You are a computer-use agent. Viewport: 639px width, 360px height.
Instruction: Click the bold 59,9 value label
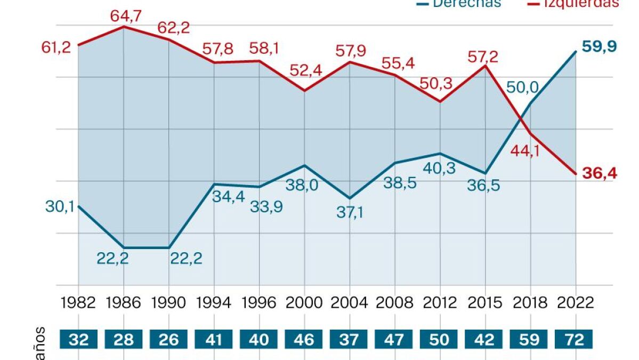[599, 46]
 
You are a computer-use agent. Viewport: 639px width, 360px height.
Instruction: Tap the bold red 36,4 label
[599, 174]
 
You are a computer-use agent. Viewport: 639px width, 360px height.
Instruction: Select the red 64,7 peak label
[126, 16]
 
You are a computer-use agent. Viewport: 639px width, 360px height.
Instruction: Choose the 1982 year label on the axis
[78, 303]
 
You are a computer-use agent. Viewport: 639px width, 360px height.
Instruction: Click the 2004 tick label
[349, 303]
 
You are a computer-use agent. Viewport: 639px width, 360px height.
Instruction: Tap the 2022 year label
[576, 303]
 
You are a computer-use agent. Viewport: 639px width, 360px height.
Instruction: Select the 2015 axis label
[485, 303]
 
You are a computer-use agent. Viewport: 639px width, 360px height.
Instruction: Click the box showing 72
[574, 340]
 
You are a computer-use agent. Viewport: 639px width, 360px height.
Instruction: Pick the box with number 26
[169, 340]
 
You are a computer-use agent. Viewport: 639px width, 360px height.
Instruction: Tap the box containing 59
[529, 340]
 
